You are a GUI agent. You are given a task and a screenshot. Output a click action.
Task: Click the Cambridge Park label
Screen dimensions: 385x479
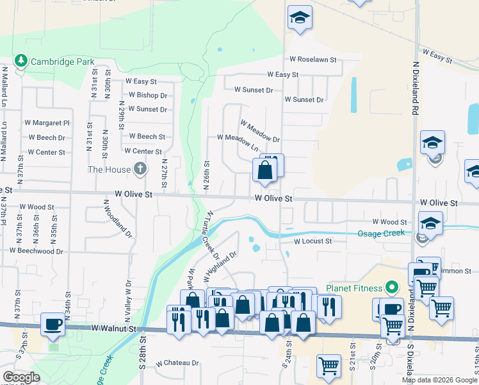[x=64, y=62]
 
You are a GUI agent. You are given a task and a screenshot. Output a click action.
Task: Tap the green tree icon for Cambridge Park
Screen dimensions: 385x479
[x=21, y=61]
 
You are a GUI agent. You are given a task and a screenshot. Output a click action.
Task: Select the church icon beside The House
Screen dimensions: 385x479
[x=140, y=169]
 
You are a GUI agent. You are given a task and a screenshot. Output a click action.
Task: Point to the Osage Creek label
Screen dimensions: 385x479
[x=382, y=232]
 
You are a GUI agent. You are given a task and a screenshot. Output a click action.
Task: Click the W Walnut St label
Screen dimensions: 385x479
[x=114, y=329]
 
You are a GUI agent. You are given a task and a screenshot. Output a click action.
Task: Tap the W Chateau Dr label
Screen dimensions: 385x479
[x=177, y=363]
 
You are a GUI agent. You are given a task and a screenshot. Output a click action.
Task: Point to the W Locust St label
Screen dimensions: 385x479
[x=313, y=241]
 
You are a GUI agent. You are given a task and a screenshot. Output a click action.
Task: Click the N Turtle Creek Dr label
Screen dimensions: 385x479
[x=215, y=231]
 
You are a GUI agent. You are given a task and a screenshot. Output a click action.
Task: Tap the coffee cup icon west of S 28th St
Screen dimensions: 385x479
[x=53, y=323]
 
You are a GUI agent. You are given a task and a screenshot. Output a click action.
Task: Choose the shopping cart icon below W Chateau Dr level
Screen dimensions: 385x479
[x=329, y=366]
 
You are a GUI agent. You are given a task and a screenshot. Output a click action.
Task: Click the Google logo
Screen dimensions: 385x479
[x=21, y=377]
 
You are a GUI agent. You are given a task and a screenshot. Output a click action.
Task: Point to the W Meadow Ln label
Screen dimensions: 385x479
[x=237, y=142]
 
